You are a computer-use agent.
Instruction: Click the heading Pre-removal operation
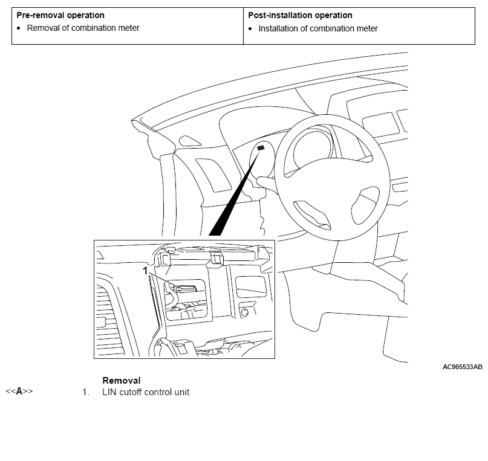pos(60,15)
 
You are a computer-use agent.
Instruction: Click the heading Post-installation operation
pos(300,15)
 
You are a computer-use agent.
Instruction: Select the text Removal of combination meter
pos(83,28)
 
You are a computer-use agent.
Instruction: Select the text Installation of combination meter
pos(318,28)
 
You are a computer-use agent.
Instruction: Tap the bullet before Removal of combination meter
pos(19,28)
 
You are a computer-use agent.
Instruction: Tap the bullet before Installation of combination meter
pos(250,28)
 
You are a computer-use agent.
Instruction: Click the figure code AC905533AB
pos(462,367)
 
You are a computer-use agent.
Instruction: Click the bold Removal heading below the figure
pos(122,381)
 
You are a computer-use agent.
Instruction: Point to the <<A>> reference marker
pos(19,392)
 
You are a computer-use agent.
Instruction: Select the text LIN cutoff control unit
pos(146,392)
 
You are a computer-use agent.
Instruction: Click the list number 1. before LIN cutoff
pos(86,392)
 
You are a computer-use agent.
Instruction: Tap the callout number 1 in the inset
pos(146,272)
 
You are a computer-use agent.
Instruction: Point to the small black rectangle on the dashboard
pos(261,147)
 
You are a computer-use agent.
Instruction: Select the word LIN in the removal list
pos(110,392)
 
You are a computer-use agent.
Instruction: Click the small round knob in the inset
pos(246,312)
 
